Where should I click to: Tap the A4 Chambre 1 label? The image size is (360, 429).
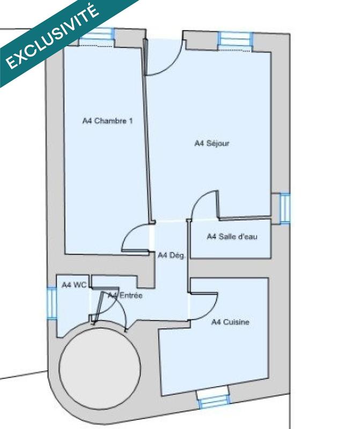107,121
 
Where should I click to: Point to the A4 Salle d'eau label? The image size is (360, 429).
232,236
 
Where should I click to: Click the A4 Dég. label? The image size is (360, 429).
172,256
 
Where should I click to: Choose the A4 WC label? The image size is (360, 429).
74,285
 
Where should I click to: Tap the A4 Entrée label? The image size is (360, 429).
125,295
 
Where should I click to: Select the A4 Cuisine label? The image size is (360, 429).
230,322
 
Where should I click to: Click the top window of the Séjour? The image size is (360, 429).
234,39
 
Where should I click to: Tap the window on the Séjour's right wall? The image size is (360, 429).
284,208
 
